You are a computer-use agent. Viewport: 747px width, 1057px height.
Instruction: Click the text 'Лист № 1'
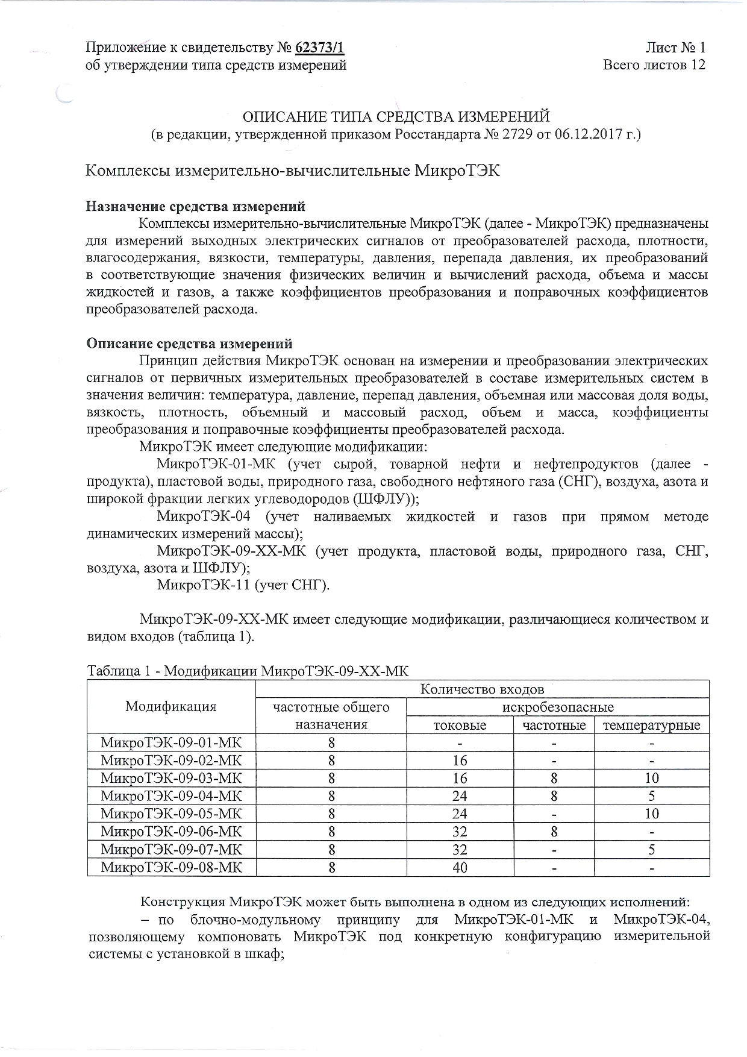tap(675, 48)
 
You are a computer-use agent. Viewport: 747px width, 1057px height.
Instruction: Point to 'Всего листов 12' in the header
tap(654, 65)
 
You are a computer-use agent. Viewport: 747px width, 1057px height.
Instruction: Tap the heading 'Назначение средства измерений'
tap(196, 207)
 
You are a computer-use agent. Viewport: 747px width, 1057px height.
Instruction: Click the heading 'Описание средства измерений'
tap(190, 343)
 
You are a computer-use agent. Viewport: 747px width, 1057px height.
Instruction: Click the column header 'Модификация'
tap(170, 706)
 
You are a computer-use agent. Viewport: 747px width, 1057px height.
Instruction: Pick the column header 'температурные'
tap(652, 725)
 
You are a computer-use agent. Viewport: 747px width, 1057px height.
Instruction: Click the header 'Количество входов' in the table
tap(482, 689)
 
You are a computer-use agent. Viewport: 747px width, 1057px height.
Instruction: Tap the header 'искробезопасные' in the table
tap(558, 707)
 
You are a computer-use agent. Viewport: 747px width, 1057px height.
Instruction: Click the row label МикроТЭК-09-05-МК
tap(171, 814)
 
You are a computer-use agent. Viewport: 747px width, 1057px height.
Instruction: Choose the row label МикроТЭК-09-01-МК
tap(171, 742)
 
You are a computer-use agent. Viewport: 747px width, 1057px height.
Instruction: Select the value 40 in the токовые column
tap(460, 868)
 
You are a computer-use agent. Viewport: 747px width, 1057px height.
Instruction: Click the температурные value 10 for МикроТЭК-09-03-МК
tap(652, 778)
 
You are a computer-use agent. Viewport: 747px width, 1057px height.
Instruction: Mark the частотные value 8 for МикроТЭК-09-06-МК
tap(554, 832)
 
